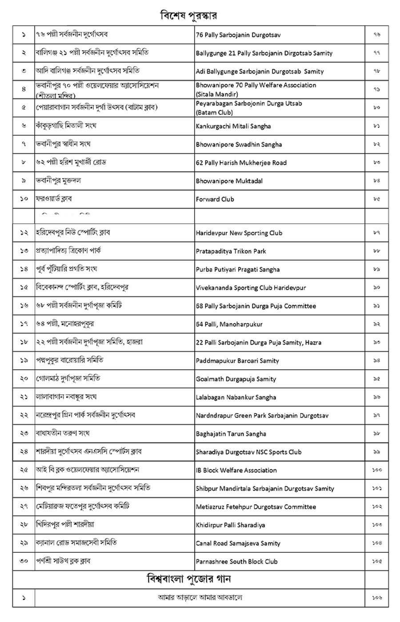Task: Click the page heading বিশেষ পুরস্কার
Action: pos(188,16)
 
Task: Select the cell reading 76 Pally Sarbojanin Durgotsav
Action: pos(238,35)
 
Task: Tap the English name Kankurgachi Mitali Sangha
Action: pos(233,126)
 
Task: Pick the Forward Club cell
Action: pos(215,199)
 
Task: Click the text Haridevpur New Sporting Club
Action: pos(239,233)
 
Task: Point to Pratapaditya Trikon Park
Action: pos(231,251)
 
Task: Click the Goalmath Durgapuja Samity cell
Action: pos(236,379)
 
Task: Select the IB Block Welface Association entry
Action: pos(236,470)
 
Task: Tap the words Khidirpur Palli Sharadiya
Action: pos(230,525)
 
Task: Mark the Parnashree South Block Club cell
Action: pos(236,561)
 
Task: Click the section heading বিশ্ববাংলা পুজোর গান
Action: pos(188,579)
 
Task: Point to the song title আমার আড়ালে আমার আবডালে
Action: pos(200,598)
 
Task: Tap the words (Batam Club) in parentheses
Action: pos(214,112)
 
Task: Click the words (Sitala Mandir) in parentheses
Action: pos(217,94)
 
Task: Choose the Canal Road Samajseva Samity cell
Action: pos(238,543)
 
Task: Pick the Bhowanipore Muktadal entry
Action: pos(229,181)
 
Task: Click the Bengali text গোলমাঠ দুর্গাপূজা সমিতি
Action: pos(68,379)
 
